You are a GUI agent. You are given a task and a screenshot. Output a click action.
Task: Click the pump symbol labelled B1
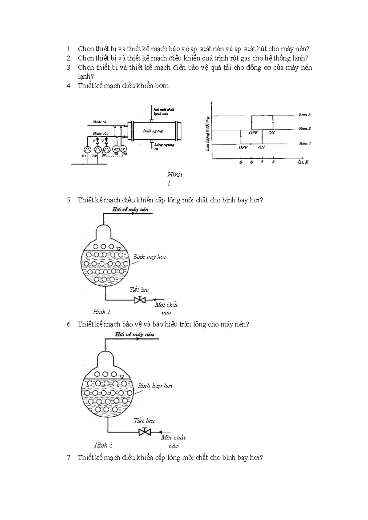click(x=88, y=149)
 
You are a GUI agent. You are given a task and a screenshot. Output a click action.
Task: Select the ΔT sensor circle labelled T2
click(x=116, y=149)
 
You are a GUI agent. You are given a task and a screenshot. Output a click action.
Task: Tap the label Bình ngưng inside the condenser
click(x=153, y=131)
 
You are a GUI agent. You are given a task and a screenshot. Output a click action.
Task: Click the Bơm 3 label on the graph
click(x=305, y=115)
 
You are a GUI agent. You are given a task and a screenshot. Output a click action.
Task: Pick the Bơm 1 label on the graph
click(x=305, y=143)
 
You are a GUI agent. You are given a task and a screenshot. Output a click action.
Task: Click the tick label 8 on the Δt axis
click(x=273, y=162)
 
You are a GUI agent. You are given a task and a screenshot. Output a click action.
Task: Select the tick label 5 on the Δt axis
click(x=241, y=162)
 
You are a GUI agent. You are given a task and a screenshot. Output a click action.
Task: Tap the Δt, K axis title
click(x=303, y=162)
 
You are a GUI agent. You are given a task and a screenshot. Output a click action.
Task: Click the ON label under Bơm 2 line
click(x=271, y=133)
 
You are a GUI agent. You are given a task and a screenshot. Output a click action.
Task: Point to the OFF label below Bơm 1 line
click(x=243, y=147)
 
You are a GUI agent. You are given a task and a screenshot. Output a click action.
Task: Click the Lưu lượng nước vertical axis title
click(x=208, y=133)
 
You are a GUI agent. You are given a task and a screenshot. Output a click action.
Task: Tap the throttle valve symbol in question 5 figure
click(x=140, y=300)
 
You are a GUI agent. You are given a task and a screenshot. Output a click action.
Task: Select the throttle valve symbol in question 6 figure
click(x=145, y=432)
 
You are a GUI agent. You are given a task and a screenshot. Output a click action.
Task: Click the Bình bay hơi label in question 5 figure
click(x=150, y=257)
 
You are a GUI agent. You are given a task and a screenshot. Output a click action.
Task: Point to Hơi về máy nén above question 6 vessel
click(x=134, y=335)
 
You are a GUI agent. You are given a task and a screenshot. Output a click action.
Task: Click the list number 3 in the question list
click(x=69, y=68)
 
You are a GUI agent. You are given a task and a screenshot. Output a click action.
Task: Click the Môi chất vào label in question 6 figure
click(x=173, y=442)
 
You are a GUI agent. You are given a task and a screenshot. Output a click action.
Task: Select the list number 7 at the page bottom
click(x=69, y=458)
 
